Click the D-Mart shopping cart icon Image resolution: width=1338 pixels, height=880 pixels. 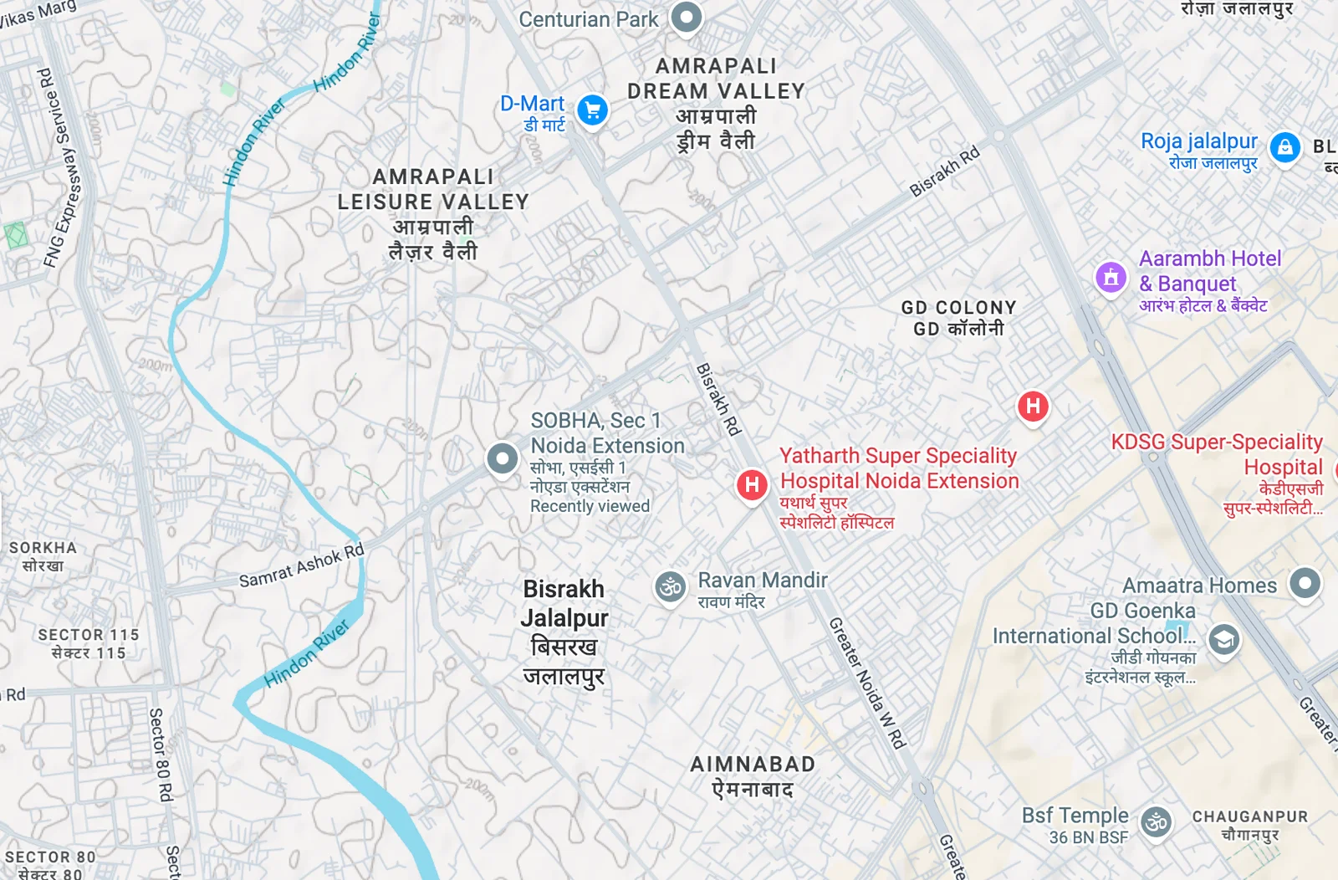[593, 110]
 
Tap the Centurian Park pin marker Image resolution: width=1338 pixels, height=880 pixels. [687, 17]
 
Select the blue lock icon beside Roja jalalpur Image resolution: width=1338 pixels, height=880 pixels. [1284, 148]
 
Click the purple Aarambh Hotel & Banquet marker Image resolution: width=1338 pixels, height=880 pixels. [1111, 276]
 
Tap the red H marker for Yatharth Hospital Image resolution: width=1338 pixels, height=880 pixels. [752, 484]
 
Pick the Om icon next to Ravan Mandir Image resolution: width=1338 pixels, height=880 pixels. [670, 586]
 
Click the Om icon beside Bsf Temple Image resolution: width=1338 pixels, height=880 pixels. [1157, 822]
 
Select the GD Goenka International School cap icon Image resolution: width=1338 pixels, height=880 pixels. [1223, 641]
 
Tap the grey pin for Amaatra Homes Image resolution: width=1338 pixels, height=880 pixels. [1305, 583]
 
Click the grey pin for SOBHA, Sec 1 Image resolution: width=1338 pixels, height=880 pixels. [502, 458]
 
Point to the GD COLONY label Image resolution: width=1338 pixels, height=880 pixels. [958, 308]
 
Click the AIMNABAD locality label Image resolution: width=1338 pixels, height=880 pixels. [753, 765]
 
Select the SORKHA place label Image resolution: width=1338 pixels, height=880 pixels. [43, 548]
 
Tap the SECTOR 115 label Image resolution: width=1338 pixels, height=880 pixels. [89, 635]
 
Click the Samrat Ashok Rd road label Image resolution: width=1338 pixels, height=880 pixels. [302, 566]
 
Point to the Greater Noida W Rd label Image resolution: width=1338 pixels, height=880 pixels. [867, 683]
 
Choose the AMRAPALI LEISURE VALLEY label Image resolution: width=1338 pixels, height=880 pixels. [433, 189]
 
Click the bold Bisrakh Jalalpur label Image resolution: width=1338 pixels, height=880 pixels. [564, 603]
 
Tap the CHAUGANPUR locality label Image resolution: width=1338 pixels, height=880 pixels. [1249, 816]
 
